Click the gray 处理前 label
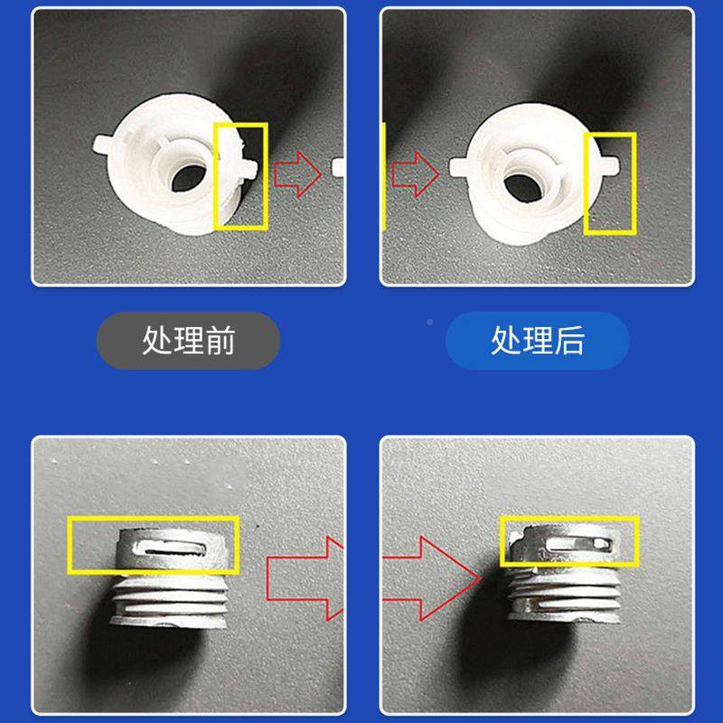pos(188,341)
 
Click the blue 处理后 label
pos(537,341)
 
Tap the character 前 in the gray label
pos(220,341)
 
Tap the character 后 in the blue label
pos(568,341)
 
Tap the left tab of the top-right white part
pos(458,165)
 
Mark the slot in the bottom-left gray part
pos(175,547)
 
